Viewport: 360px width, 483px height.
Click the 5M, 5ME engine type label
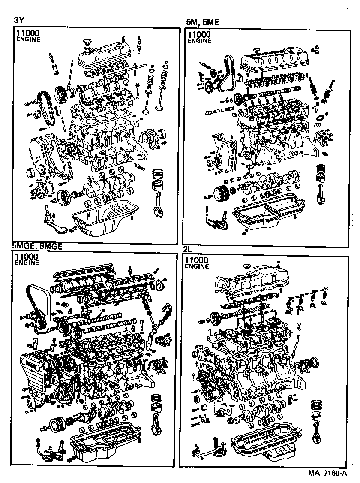click(202, 22)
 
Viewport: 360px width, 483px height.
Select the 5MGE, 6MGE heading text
click(37, 246)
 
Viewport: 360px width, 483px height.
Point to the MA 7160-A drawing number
click(327, 474)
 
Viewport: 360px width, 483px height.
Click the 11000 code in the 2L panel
click(197, 260)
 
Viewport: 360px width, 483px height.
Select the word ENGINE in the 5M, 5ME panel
click(199, 41)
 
